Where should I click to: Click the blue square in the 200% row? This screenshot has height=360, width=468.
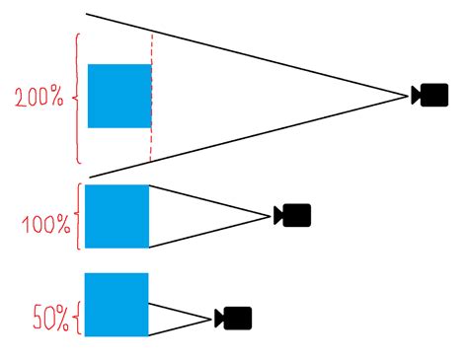tap(119, 96)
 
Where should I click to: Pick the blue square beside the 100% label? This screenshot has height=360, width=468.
tap(117, 216)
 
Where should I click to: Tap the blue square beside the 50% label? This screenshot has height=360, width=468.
tap(117, 305)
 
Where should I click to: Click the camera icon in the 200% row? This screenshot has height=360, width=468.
tap(430, 96)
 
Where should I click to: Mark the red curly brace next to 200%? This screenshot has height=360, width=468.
tap(77, 99)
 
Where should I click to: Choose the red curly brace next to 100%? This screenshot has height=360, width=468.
tap(78, 216)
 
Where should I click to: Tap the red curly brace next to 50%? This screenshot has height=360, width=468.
tap(78, 318)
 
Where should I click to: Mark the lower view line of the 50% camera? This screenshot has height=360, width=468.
tap(180, 327)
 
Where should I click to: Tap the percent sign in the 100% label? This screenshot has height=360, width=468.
tap(62, 226)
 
